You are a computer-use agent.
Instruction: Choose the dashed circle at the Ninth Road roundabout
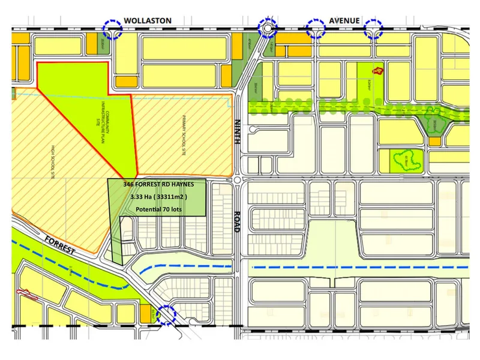(x=267, y=28)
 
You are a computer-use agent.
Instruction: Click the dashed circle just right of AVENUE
(x=374, y=28)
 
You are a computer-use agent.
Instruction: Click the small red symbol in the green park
(x=377, y=71)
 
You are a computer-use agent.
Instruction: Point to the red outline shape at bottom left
(x=26, y=294)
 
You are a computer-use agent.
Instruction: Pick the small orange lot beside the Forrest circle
(x=145, y=313)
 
